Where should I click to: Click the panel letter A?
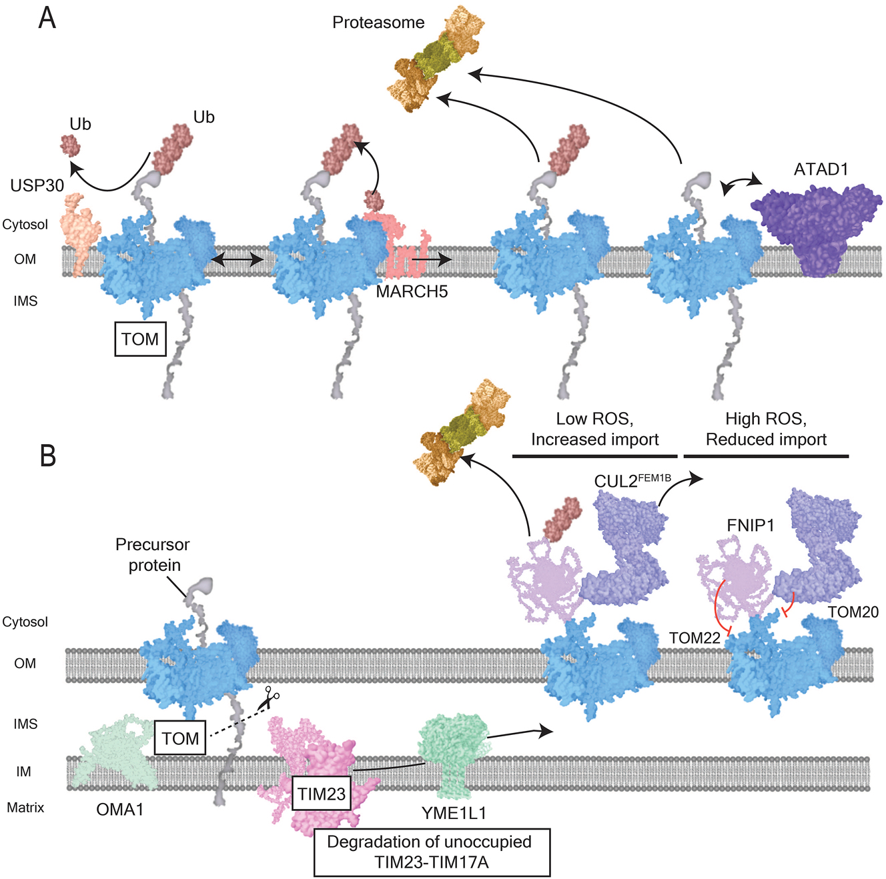point(47,18)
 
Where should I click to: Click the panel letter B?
point(47,456)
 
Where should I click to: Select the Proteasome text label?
point(378,23)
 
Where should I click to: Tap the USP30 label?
point(37,185)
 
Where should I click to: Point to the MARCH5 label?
point(412,291)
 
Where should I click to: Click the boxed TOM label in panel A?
point(140,339)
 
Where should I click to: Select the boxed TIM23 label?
point(322,794)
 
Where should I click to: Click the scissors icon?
point(270,698)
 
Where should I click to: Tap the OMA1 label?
point(120,810)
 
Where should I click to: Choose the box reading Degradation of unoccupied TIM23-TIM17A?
point(432,852)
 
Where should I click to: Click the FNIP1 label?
point(750,526)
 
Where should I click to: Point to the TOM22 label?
point(694,638)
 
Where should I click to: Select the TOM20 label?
point(853,612)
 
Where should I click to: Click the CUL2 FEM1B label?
point(632,481)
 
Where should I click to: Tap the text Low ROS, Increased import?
point(594,429)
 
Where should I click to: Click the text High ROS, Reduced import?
point(766,429)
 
